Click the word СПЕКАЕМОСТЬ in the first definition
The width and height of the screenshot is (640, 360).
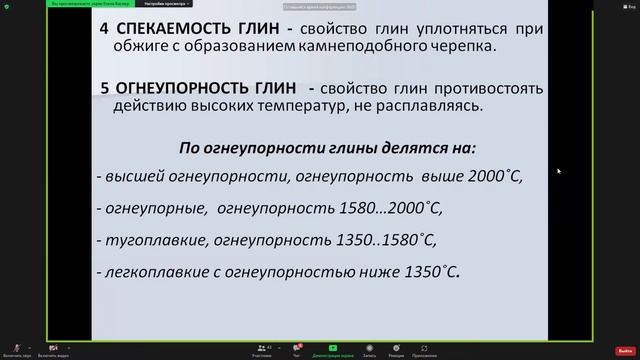pos(169,30)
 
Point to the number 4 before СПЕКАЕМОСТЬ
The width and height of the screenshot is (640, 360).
pos(105,30)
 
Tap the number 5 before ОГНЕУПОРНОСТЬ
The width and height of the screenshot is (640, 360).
pos(105,88)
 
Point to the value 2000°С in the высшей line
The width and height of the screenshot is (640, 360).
pos(494,175)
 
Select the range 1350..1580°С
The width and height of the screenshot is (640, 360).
pos(384,240)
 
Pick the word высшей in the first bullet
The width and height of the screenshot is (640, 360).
pos(129,175)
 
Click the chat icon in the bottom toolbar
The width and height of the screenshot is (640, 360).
pos(296,346)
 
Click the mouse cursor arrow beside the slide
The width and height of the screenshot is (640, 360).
pos(558,171)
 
